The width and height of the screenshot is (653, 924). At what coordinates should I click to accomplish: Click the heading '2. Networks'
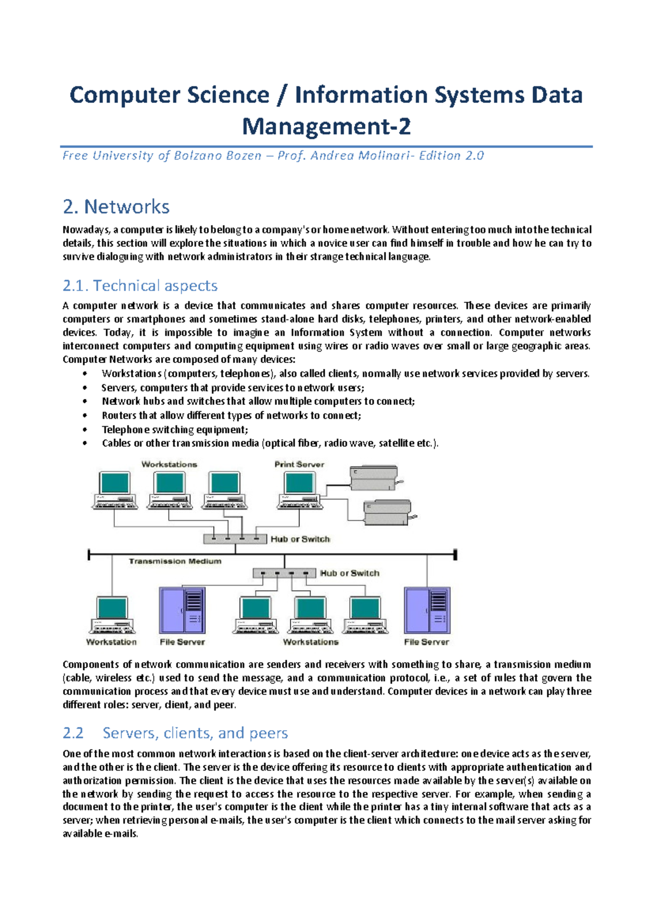tap(116, 207)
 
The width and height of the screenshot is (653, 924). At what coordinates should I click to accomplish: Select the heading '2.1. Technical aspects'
tap(140, 286)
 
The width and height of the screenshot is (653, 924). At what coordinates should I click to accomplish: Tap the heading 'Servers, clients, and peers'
tap(195, 733)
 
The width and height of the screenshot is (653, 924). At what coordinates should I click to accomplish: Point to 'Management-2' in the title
tap(326, 127)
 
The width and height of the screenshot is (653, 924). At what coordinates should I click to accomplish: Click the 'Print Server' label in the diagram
tap(299, 464)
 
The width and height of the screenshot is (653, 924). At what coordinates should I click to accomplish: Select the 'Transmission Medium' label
tap(175, 561)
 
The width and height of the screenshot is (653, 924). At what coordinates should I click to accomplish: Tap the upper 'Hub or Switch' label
tap(300, 539)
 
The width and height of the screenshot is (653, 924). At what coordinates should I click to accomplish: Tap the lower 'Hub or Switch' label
tap(349, 573)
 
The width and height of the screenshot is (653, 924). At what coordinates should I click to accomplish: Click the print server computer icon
tap(300, 490)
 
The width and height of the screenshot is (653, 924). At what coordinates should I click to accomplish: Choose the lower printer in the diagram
tap(389, 513)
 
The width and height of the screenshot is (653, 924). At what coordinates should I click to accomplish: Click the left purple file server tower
tap(182, 609)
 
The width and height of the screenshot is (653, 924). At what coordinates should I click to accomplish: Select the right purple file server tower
tap(427, 609)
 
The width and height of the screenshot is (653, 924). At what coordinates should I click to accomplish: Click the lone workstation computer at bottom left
tap(112, 615)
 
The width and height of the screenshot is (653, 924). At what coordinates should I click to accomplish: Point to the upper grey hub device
tap(235, 539)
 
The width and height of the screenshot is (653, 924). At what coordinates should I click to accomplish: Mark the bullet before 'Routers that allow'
tap(84, 416)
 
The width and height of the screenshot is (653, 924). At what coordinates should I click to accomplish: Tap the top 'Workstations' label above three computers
tap(169, 464)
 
